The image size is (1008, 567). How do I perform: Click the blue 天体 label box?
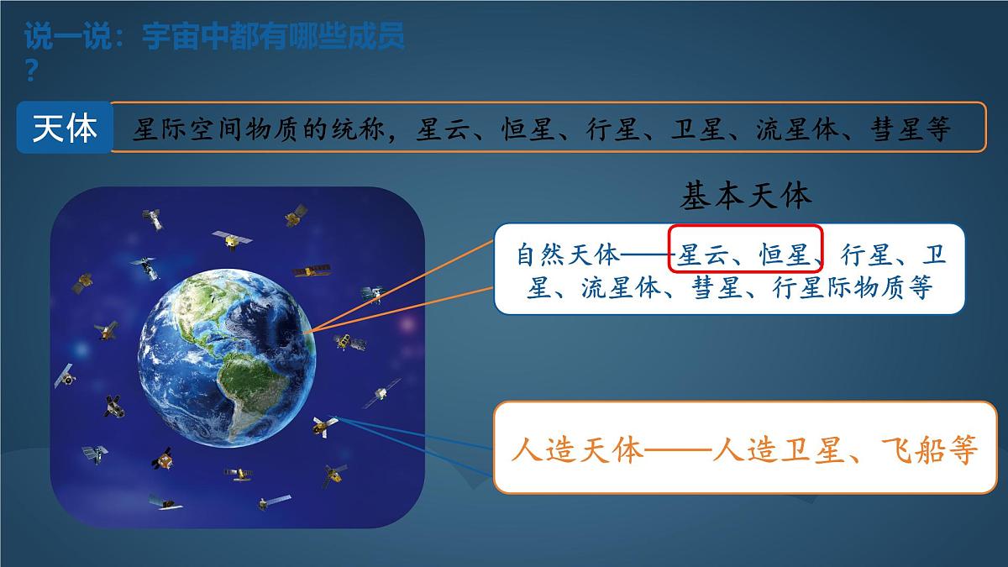pyautogui.click(x=64, y=128)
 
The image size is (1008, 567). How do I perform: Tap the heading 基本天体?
pyautogui.click(x=745, y=197)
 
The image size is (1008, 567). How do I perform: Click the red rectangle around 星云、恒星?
pyautogui.click(x=744, y=249)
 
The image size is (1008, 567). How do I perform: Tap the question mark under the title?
pyautogui.click(x=31, y=72)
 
